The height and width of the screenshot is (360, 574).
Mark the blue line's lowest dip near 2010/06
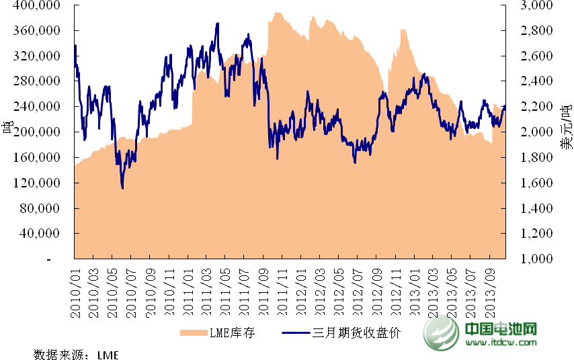tap(122, 188)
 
